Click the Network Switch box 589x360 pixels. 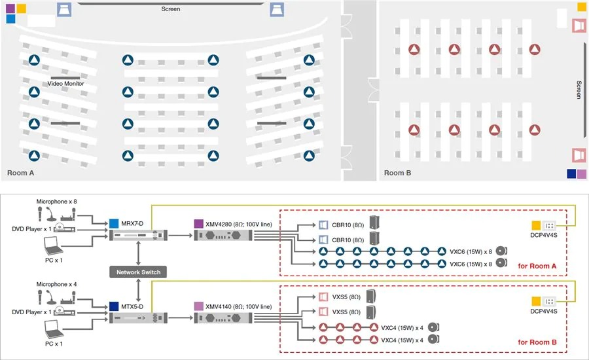point(138,272)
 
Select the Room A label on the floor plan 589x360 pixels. point(21,173)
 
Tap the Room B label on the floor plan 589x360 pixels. point(397,173)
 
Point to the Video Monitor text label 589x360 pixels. point(65,83)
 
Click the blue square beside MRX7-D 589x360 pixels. point(114,224)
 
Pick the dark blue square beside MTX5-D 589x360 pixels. point(114,306)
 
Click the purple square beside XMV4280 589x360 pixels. point(199,224)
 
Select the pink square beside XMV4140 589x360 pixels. point(199,306)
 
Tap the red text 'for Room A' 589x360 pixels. point(537,266)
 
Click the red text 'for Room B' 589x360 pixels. point(537,342)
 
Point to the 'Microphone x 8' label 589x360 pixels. point(56,202)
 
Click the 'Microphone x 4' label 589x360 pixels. point(56,284)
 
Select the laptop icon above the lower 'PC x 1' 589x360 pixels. point(54,329)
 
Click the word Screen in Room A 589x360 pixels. point(171,9)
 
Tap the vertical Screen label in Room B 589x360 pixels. point(579,90)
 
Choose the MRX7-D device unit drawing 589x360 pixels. point(138,236)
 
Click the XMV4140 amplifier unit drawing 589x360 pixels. point(223,318)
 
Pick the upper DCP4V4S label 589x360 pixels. point(544,235)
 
